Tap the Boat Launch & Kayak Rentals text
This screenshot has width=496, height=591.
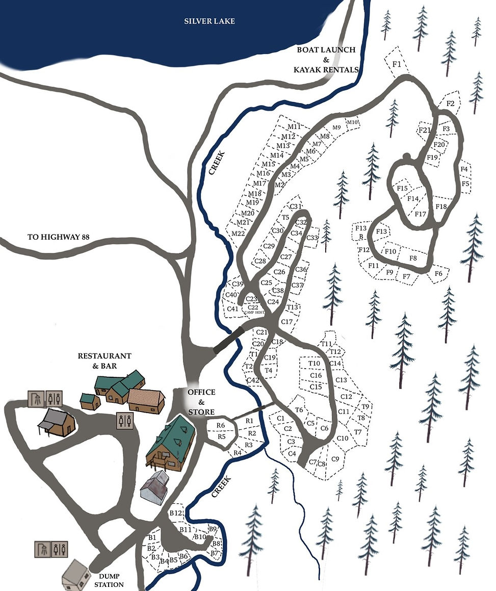(x=326, y=59)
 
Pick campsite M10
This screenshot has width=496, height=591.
(x=353, y=122)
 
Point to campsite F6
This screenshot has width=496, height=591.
(x=438, y=274)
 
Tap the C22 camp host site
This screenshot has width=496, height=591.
(x=253, y=308)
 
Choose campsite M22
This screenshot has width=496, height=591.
(x=238, y=234)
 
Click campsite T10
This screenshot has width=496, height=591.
(x=314, y=363)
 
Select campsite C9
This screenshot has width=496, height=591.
(x=335, y=459)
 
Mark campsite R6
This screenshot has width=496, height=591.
(x=221, y=425)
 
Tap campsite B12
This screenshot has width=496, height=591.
(x=176, y=513)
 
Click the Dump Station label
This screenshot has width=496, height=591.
(x=109, y=580)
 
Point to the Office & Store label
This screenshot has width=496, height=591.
(x=201, y=402)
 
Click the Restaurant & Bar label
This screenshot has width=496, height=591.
(x=105, y=361)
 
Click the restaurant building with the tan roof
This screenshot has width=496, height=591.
(x=146, y=400)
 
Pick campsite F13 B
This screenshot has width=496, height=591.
(x=361, y=232)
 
